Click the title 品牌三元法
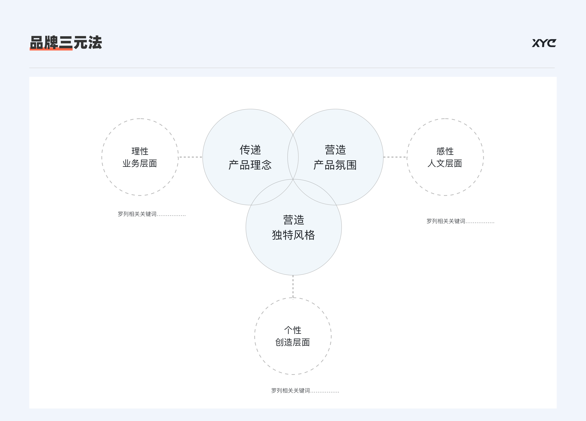66,43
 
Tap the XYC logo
544,43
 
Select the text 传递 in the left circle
250,150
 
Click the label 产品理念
250,165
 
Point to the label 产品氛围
335,165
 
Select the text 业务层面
140,163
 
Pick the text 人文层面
445,163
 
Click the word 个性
293,330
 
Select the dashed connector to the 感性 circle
395,157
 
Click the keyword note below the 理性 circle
152,214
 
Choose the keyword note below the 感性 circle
460,221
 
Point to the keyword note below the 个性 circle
305,391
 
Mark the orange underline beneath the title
51,49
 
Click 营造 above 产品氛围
335,150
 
